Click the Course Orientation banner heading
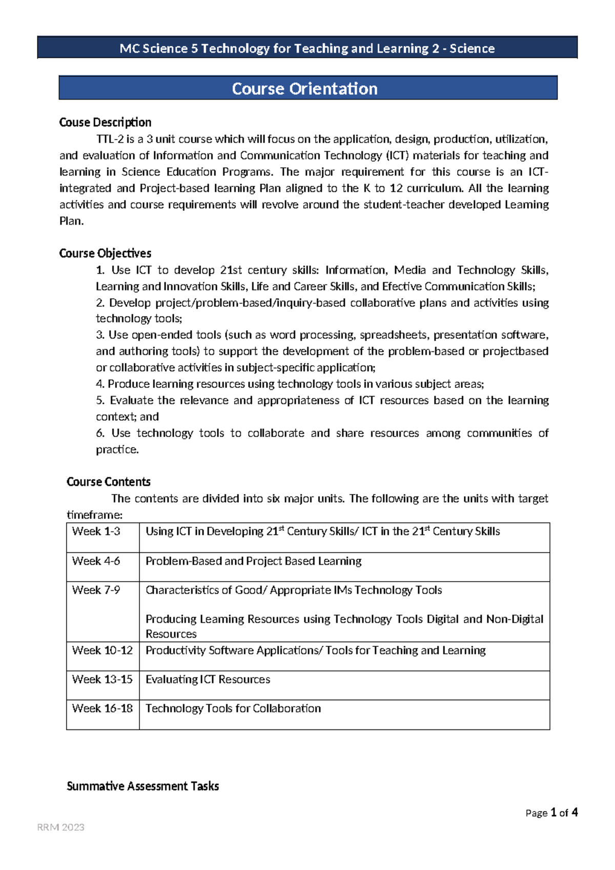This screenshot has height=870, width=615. pyautogui.click(x=304, y=89)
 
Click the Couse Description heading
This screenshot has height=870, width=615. pyautogui.click(x=105, y=122)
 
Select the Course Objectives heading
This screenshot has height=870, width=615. pyautogui.click(x=105, y=253)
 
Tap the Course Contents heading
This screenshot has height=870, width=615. pyautogui.click(x=109, y=482)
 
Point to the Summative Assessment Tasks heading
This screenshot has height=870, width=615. pyautogui.click(x=142, y=786)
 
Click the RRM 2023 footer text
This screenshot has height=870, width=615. pyautogui.click(x=60, y=827)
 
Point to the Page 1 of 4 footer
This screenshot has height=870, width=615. pyautogui.click(x=551, y=813)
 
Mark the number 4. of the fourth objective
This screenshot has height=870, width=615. pyautogui.click(x=100, y=384)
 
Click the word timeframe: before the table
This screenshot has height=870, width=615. pyautogui.click(x=94, y=515)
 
